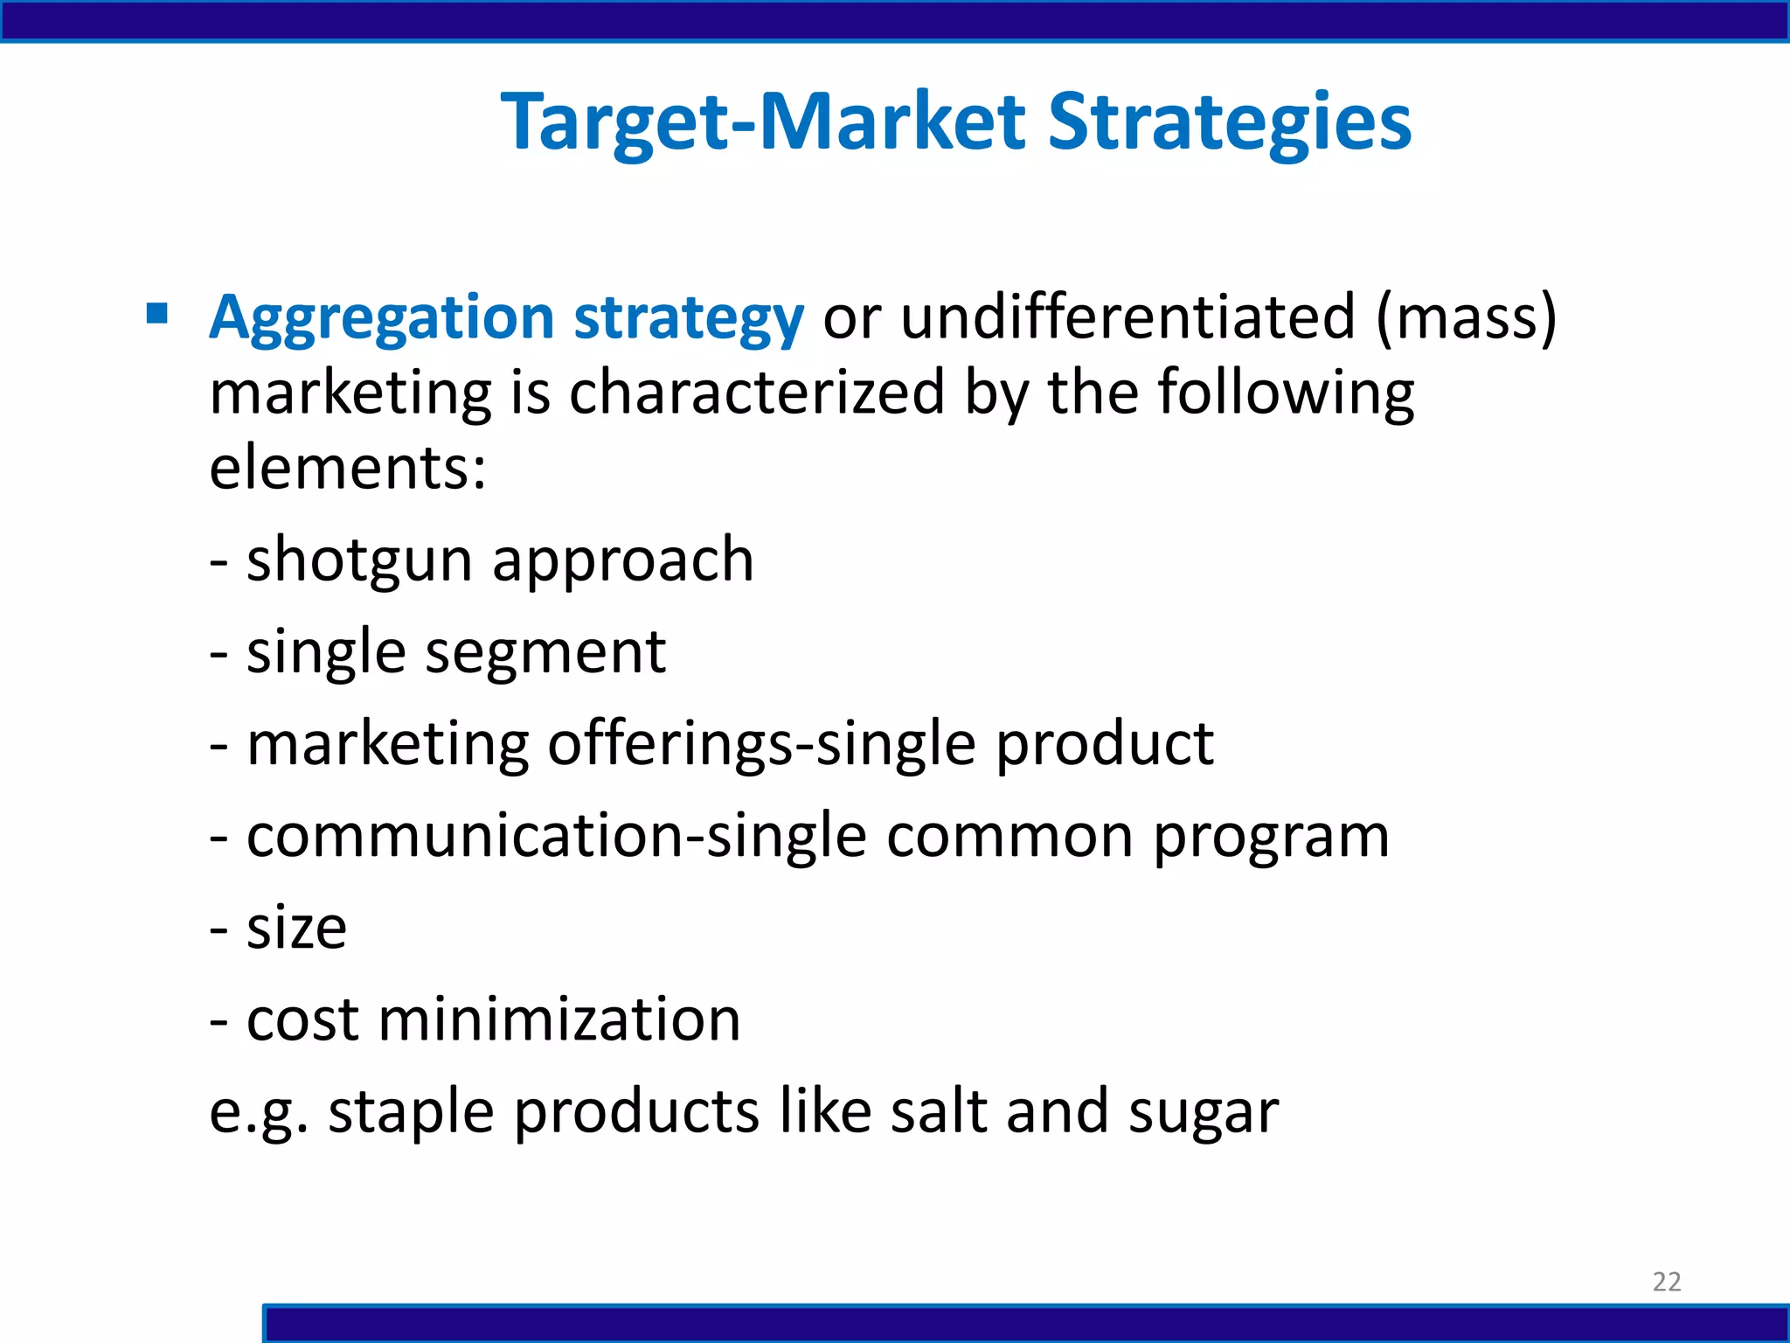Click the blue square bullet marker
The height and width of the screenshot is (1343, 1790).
pyautogui.click(x=157, y=313)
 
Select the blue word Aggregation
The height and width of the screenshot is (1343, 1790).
pyautogui.click(x=382, y=317)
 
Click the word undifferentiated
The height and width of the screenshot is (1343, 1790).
pyautogui.click(x=1127, y=317)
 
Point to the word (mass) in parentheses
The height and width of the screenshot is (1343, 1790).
pyautogui.click(x=1466, y=317)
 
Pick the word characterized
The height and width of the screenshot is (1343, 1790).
pyautogui.click(x=757, y=393)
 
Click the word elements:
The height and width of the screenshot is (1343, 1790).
pyautogui.click(x=348, y=468)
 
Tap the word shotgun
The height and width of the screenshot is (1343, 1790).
pyautogui.click(x=359, y=560)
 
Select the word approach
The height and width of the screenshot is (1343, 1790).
pyautogui.click(x=622, y=560)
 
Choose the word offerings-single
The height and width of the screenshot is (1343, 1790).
pyautogui.click(x=761, y=745)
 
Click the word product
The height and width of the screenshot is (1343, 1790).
pyautogui.click(x=1104, y=745)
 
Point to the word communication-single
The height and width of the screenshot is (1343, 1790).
pyautogui.click(x=557, y=837)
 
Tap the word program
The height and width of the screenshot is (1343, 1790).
pyautogui.click(x=1271, y=837)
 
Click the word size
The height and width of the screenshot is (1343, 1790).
pyautogui.click(x=296, y=929)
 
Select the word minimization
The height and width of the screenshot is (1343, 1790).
pyautogui.click(x=559, y=1020)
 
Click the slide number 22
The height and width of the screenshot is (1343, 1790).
pyautogui.click(x=1666, y=1282)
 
